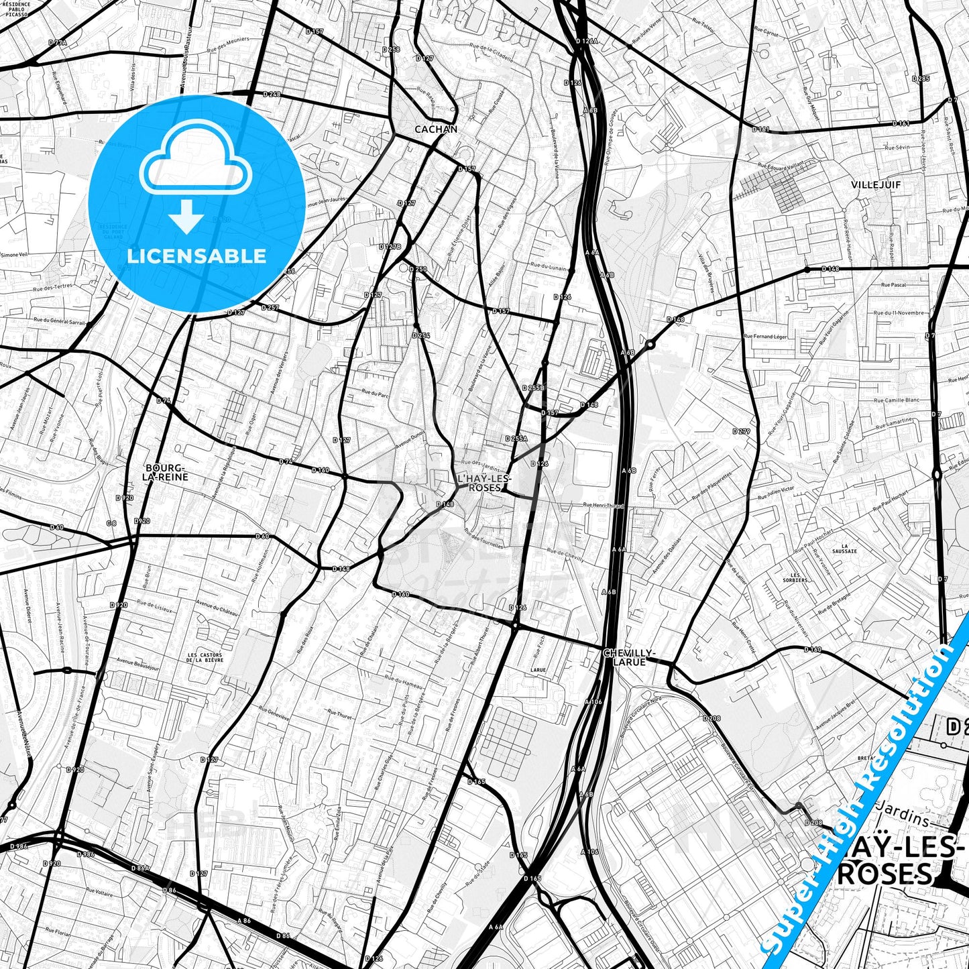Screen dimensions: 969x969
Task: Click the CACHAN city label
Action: [436, 129]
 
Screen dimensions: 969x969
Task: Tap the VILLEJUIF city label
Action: [876, 184]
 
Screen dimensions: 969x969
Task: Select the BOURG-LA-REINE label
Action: [165, 471]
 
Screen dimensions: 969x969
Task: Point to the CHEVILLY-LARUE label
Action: [628, 657]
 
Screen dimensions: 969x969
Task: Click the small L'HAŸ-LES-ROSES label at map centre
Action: [483, 483]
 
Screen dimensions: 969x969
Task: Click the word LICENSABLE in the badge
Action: [196, 255]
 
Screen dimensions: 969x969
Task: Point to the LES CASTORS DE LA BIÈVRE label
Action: [205, 657]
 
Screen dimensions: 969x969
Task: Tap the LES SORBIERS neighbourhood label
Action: [795, 577]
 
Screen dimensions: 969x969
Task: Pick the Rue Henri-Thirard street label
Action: [604, 506]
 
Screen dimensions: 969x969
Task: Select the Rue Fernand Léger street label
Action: [765, 336]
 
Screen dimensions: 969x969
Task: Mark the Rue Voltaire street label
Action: [99, 895]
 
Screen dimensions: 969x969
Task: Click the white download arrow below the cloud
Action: [186, 215]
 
